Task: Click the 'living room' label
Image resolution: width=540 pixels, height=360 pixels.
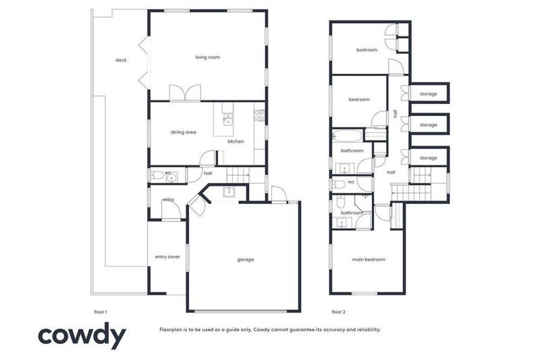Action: pos(207,57)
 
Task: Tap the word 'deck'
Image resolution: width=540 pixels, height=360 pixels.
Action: pos(120,60)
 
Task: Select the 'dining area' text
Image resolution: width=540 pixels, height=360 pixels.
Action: pos(183,132)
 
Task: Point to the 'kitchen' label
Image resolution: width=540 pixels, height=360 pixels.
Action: pos(236,142)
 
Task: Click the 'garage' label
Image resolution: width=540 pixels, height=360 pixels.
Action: pos(245,259)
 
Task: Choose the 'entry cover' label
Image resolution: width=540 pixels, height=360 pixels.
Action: pos(167,257)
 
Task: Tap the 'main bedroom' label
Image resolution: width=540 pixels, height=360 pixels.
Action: pos(368,259)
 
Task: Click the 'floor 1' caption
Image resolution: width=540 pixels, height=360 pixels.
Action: pos(101,311)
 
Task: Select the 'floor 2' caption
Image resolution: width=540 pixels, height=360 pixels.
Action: pos(339,311)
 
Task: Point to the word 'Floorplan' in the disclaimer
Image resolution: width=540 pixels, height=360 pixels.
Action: pos(172,329)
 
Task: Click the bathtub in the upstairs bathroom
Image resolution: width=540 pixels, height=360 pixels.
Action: pos(347,135)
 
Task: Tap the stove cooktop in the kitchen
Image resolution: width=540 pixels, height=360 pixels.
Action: pos(259,115)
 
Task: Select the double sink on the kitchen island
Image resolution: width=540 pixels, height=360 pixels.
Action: pos(228,118)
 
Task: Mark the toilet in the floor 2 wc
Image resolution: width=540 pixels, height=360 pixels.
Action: pos(340,184)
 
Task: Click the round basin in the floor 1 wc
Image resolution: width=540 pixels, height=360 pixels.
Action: pos(170,176)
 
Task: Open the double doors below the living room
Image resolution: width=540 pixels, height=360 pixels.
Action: pos(185,94)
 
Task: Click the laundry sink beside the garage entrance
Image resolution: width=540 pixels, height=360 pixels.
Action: pos(229,191)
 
